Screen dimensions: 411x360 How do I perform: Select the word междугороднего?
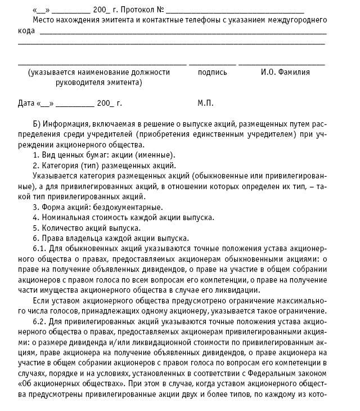(297, 20)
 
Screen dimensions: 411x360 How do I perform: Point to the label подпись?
(212, 72)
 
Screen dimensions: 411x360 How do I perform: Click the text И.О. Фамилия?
(285, 72)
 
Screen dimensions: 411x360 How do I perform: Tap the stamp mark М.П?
(205, 104)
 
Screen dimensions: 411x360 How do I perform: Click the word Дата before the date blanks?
(26, 104)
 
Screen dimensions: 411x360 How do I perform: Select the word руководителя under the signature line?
(81, 83)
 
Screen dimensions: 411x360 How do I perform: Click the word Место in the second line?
(43, 20)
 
